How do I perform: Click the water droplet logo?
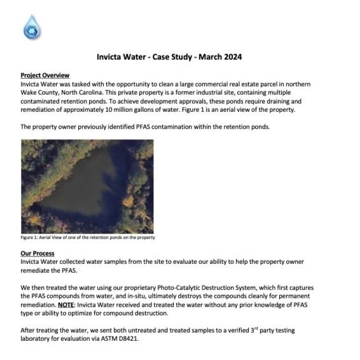[x=31, y=27]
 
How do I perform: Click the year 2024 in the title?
[x=230, y=57]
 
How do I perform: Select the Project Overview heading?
[x=45, y=75]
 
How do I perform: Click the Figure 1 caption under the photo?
[x=88, y=238]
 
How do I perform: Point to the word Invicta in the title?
[x=109, y=57]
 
